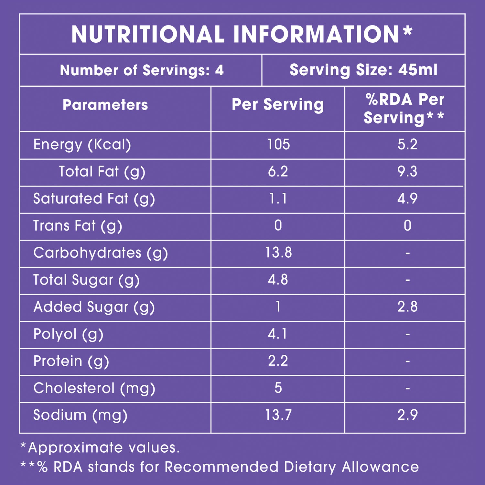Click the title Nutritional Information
[x=242, y=34]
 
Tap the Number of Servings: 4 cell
[x=142, y=70]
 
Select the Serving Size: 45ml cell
[x=363, y=70]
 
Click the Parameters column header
[x=105, y=105]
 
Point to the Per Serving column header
[x=278, y=105]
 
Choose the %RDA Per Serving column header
[x=404, y=109]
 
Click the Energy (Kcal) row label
[x=82, y=145]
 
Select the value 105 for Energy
[x=278, y=144]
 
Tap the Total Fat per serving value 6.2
[x=278, y=171]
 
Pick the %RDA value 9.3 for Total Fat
[x=407, y=171]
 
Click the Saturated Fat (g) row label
[x=94, y=199]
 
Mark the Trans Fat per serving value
[x=278, y=225]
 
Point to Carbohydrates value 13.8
[x=278, y=253]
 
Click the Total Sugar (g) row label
[x=86, y=280]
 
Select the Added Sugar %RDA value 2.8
[x=407, y=307]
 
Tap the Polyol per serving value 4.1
[x=278, y=334]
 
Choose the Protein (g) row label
[x=71, y=361]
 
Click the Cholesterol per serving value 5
[x=278, y=388]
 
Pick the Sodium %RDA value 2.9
[x=407, y=415]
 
